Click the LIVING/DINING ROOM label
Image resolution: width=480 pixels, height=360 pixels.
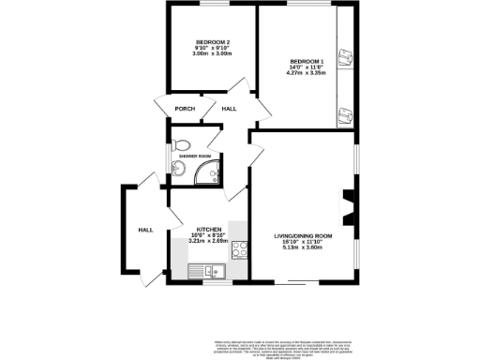(303, 234)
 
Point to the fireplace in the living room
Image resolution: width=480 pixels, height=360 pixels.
(348, 208)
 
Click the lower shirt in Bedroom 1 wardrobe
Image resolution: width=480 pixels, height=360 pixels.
(344, 115)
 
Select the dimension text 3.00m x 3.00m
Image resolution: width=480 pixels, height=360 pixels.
(212, 55)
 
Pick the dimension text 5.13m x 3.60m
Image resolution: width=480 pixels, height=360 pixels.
(303, 247)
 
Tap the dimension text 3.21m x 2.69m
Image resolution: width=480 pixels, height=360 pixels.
(208, 241)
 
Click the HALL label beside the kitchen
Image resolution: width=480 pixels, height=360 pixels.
(145, 230)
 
